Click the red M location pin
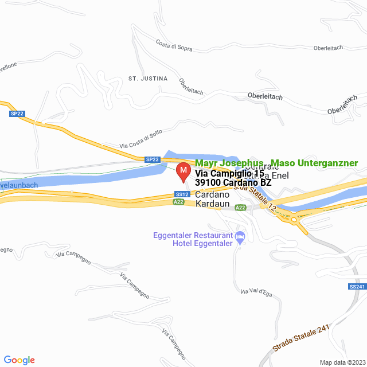183,171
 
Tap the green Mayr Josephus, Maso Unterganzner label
276,163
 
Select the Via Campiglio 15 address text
229,173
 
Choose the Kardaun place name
213,204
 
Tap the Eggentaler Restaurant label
193,235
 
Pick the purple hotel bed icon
240,236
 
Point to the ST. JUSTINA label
148,78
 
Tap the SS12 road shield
182,194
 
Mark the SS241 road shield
356,286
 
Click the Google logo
19,360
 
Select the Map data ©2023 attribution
341,362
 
